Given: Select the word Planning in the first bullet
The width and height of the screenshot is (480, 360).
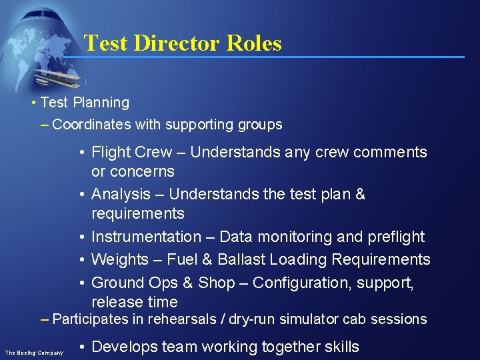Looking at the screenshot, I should pyautogui.click(x=101, y=103).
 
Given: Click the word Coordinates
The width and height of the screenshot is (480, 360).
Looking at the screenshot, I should pyautogui.click(x=91, y=125).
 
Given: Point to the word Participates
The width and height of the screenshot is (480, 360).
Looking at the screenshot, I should pyautogui.click(x=89, y=319).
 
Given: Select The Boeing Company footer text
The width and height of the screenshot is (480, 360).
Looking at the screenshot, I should pyautogui.click(x=34, y=352).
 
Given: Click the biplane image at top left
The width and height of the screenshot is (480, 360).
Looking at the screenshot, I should pyautogui.click(x=57, y=77).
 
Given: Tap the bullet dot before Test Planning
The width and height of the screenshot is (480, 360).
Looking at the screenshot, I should pyautogui.click(x=33, y=103).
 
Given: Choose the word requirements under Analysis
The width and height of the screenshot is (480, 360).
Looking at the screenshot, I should pyautogui.click(x=137, y=213).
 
